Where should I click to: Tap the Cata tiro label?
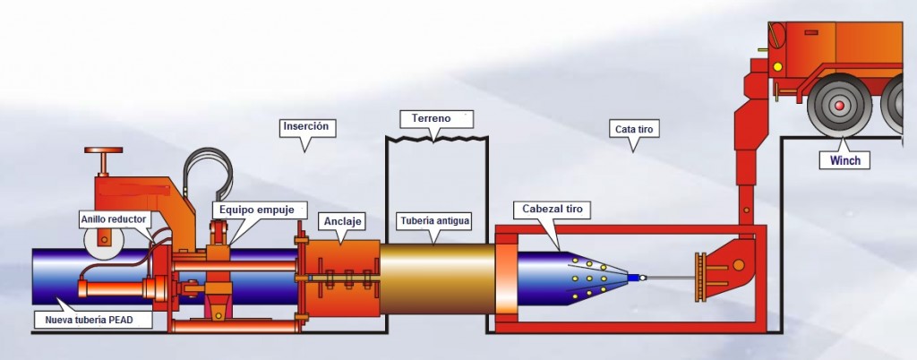[635, 129]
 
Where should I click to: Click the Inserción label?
[307, 126]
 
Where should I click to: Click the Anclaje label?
[341, 220]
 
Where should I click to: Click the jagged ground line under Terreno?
[435, 139]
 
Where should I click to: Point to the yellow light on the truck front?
[776, 66]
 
